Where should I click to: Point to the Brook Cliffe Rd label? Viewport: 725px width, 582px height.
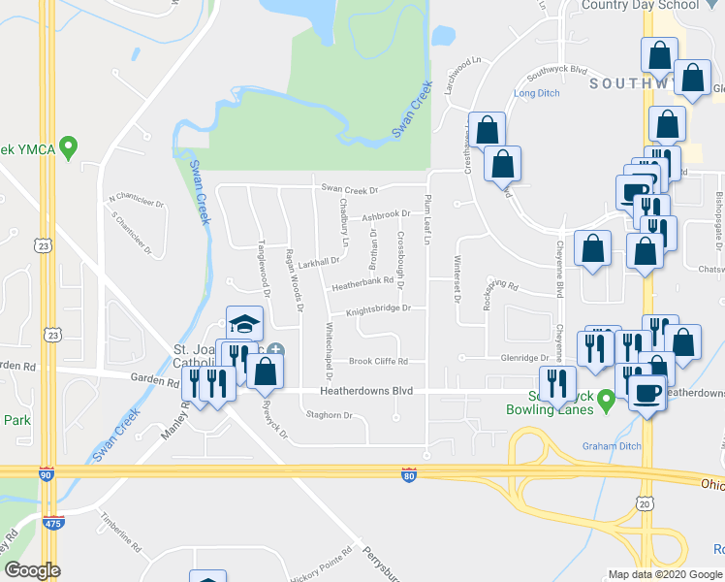(379, 362)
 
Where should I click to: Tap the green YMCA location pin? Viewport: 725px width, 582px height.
(68, 148)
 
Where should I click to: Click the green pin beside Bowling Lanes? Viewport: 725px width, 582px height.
(607, 399)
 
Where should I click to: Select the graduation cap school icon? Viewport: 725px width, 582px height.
(245, 323)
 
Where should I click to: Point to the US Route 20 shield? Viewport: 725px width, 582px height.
(645, 502)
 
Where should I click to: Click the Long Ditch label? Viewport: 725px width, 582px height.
(537, 94)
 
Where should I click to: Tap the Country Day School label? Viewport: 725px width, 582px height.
(641, 6)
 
